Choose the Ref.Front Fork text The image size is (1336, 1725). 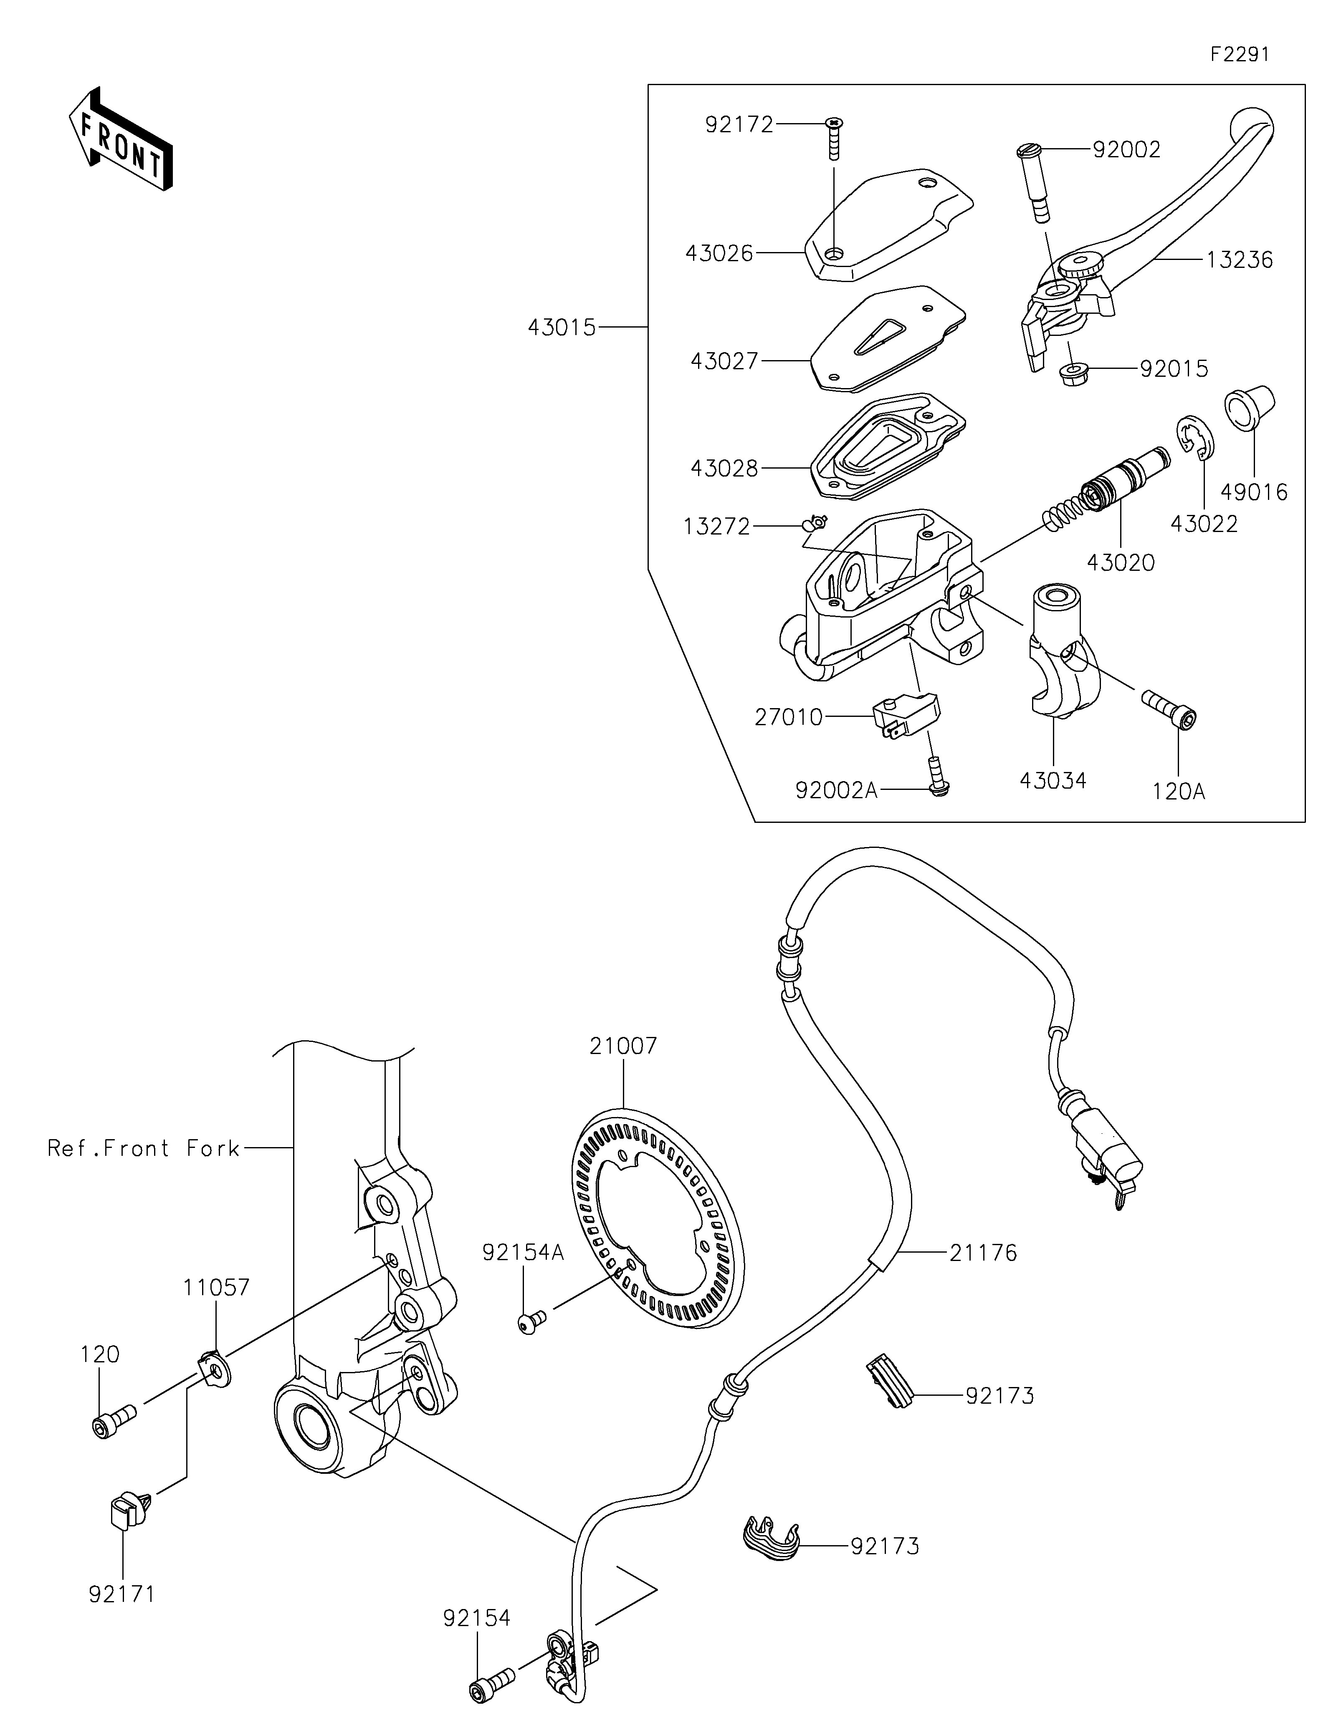[x=143, y=1147]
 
